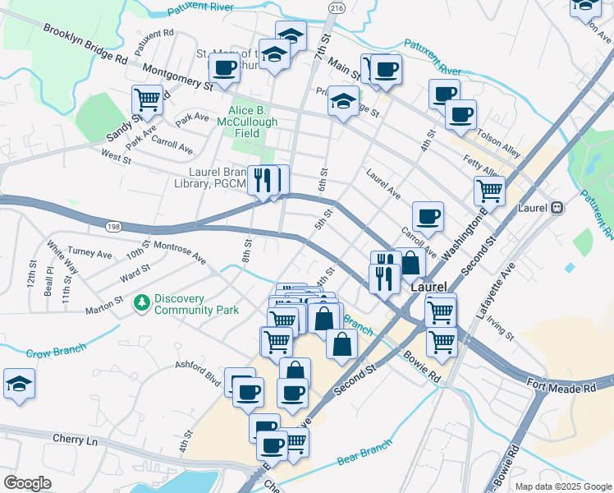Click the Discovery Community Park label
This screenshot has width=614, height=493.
(196, 304)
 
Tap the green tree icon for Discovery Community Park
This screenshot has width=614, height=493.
(142, 303)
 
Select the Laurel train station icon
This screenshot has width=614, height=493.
(557, 208)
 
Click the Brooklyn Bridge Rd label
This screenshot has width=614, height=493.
(85, 44)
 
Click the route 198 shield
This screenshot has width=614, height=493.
(113, 225)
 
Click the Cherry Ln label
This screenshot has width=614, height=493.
(75, 440)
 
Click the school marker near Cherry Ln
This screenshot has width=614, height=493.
(19, 384)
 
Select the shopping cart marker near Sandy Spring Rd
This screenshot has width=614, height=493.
(147, 99)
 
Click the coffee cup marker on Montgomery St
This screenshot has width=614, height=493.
(225, 67)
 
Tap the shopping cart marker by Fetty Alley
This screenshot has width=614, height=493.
(489, 190)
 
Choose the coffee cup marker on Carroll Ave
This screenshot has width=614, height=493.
(428, 216)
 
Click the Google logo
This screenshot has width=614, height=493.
(28, 483)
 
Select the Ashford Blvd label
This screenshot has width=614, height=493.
(198, 373)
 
